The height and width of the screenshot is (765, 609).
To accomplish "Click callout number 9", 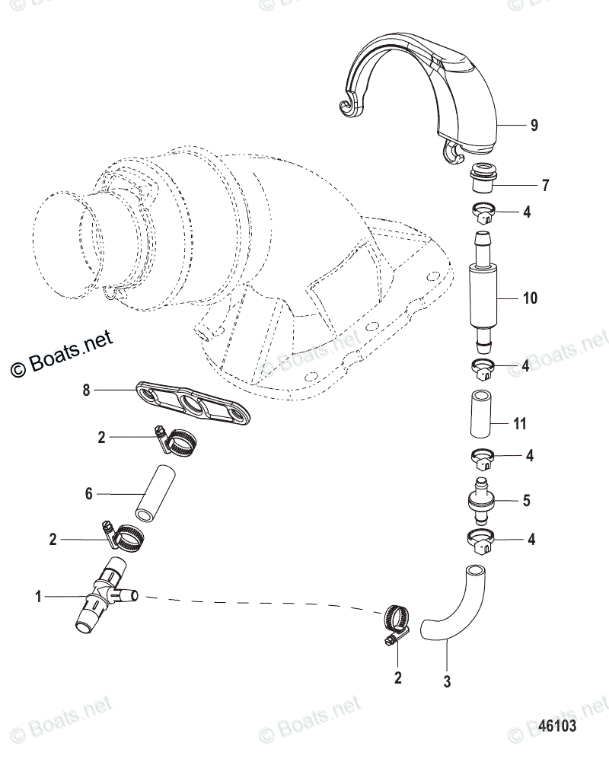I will click(534, 126).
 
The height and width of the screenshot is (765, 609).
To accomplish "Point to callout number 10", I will click(530, 298).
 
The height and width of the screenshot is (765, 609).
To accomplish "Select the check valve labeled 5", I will click(480, 501).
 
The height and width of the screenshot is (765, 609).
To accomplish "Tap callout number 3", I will click(448, 682).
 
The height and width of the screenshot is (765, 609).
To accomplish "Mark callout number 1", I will click(38, 598).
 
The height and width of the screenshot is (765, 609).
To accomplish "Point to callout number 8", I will click(86, 390).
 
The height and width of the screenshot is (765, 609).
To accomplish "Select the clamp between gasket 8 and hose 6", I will click(178, 441).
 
